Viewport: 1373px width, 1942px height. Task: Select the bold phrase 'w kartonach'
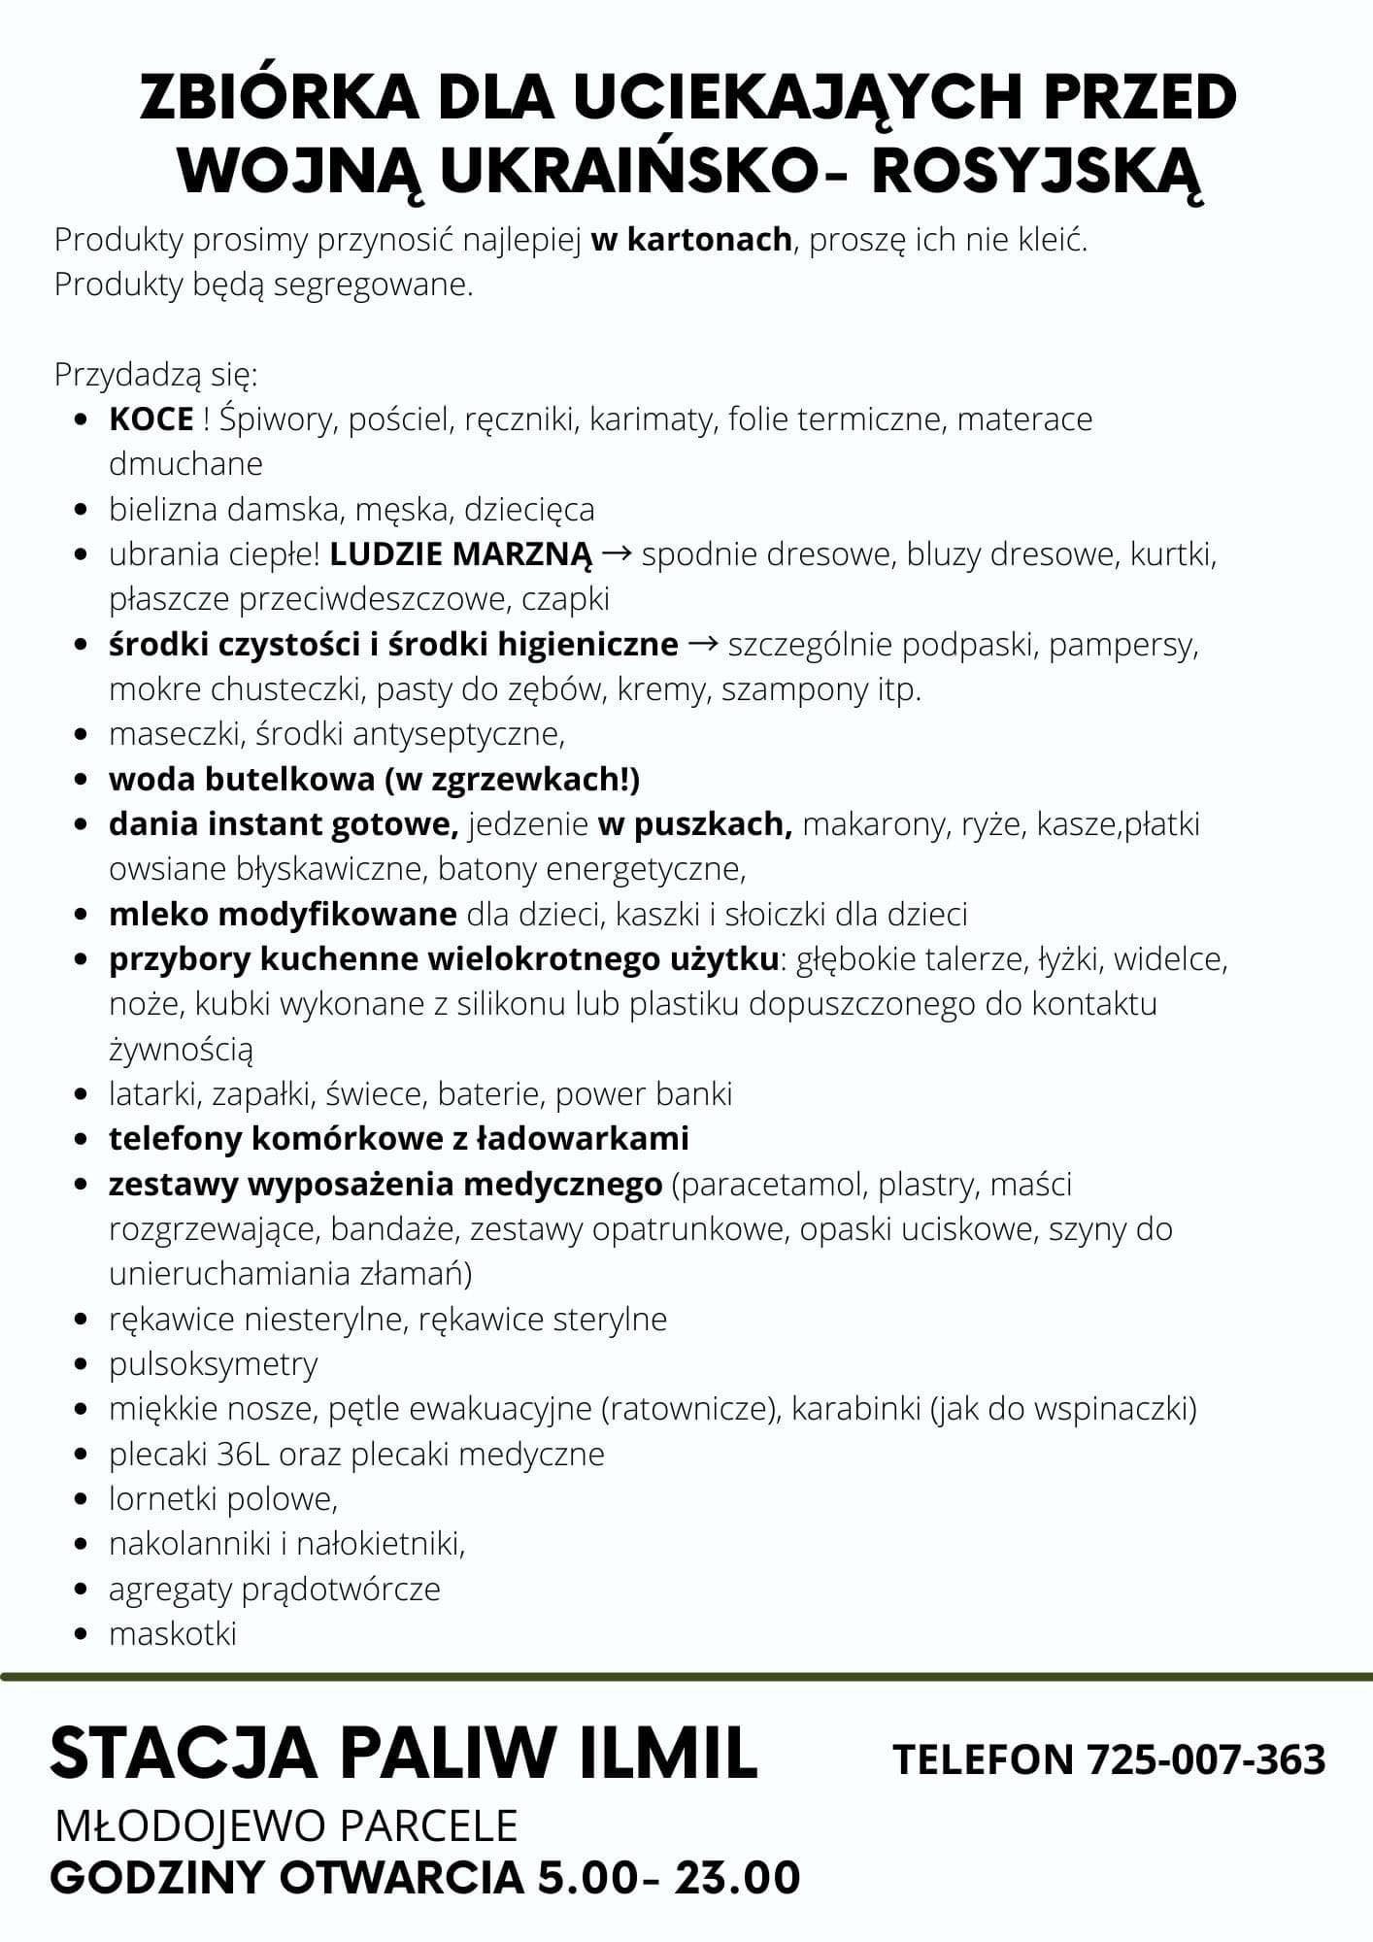690,240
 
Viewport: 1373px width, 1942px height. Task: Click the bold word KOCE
151,419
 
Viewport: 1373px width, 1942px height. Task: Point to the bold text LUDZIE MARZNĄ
460,554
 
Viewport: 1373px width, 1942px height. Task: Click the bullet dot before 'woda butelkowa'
83,780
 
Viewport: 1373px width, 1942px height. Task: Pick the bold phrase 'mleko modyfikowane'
283,914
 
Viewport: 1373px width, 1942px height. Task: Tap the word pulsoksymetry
214,1364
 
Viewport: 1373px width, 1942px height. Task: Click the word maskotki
173,1633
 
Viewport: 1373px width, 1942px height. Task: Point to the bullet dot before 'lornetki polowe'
83,1500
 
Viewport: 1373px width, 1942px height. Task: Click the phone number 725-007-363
1206,1759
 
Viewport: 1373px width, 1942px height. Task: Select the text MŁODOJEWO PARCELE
287,1826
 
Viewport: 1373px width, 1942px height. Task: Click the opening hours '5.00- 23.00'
669,1878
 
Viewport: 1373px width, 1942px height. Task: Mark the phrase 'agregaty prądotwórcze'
275,1589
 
